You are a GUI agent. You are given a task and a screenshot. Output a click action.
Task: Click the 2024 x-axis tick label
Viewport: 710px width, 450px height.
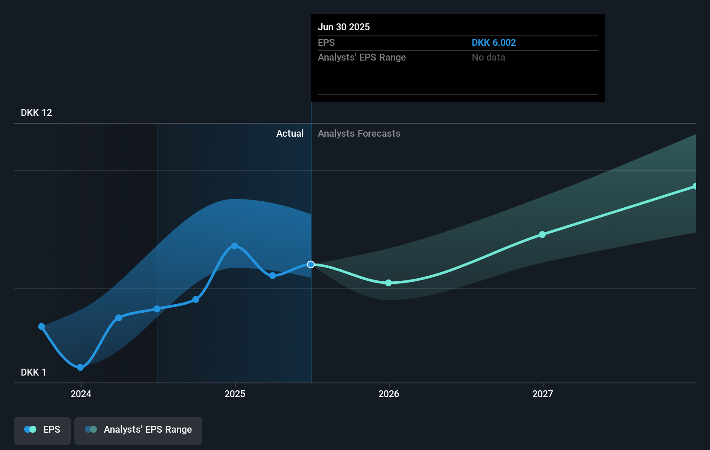tap(81, 394)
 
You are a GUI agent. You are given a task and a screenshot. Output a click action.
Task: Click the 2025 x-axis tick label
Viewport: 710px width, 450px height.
tap(235, 394)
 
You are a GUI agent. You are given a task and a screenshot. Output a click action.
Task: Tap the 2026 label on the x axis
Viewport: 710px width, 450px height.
tap(389, 394)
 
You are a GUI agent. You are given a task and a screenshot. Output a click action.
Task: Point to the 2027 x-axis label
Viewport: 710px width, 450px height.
tap(543, 394)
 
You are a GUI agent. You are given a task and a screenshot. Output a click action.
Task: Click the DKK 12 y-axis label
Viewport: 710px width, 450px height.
tap(36, 113)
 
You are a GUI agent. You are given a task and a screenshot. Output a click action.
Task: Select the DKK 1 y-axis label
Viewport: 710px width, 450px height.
tap(33, 373)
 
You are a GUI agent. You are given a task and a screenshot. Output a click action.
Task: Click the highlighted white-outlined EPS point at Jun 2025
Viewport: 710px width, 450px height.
tap(311, 264)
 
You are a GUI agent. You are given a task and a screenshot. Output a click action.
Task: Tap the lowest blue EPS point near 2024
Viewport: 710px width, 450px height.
tap(80, 367)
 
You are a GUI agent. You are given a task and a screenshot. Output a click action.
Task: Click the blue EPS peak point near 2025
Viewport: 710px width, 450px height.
tap(234, 246)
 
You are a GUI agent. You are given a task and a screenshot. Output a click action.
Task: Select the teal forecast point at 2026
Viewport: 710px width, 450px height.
tap(388, 283)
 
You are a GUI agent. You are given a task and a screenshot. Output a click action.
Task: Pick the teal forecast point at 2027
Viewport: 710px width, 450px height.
tap(542, 235)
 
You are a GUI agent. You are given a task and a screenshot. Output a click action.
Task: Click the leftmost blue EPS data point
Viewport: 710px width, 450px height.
tap(42, 327)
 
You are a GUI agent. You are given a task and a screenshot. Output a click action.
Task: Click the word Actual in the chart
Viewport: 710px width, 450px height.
tap(290, 134)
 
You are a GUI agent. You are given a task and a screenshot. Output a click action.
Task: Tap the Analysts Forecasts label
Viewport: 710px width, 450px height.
tap(359, 134)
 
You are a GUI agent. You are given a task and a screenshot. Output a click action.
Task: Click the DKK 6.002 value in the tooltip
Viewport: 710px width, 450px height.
tap(493, 43)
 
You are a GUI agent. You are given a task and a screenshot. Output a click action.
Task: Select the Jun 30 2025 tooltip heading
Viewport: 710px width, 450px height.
tap(344, 27)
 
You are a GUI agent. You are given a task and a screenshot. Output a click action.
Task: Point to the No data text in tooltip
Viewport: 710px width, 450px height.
tap(488, 58)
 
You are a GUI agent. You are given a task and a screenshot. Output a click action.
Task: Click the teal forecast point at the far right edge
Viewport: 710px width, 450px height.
tap(695, 186)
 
